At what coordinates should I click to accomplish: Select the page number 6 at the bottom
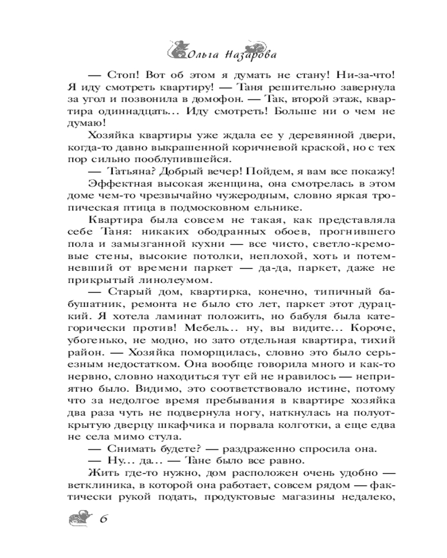tap(103, 517)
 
